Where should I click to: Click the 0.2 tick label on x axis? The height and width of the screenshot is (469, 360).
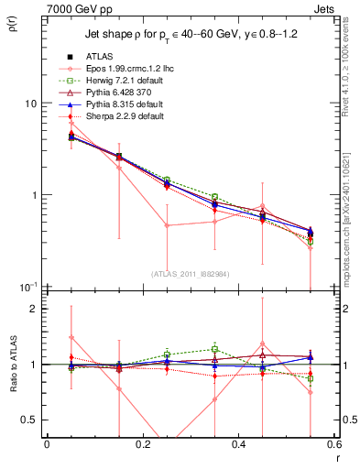pos(142,444)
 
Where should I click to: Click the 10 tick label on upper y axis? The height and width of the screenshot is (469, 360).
pos(30,104)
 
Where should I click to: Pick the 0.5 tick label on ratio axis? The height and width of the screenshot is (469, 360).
pos(30,420)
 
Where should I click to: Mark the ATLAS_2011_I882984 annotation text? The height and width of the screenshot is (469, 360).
pos(190,275)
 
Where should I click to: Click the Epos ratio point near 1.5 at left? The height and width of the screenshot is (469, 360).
pos(71,337)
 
